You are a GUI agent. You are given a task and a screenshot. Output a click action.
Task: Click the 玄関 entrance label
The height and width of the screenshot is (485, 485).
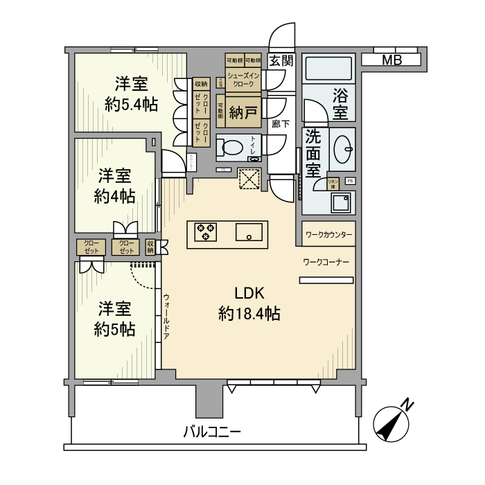pos(281,60)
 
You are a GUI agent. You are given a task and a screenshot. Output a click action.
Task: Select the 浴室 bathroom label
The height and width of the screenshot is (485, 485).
pos(339,102)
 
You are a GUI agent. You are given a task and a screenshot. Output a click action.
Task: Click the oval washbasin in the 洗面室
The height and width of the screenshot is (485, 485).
pos(343,148)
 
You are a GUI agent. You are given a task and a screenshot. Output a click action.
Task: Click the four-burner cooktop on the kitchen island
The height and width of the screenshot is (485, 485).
pos(205,231)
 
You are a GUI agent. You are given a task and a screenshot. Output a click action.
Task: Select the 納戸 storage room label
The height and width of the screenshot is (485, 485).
pos(243,112)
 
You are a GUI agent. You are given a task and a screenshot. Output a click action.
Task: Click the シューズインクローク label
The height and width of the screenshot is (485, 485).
pos(243,80)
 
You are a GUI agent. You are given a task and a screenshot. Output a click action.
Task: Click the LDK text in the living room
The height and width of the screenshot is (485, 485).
pos(249,292)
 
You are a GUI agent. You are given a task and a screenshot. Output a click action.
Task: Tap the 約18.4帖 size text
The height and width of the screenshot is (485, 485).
pos(249,314)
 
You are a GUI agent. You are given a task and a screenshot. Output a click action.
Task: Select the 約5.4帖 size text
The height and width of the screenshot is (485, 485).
pos(131,105)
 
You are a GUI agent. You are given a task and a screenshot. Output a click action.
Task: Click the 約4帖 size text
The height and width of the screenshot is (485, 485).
pos(115,195)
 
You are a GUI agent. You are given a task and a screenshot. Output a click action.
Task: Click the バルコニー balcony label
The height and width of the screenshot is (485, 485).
pos(212,432)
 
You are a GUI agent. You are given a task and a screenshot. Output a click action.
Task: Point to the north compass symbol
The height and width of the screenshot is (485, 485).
pos(392,421)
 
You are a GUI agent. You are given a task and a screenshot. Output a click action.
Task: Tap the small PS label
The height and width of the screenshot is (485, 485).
pos(350,182)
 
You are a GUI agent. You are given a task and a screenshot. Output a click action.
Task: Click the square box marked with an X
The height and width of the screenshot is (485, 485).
pos(247,179)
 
